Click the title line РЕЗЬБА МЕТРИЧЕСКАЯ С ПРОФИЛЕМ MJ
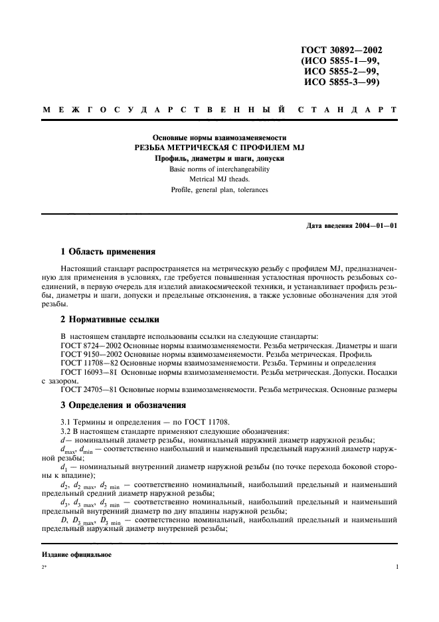click(x=219, y=148)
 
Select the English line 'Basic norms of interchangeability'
click(x=219, y=168)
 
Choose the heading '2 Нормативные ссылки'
click(x=108, y=318)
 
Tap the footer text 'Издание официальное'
click(x=76, y=554)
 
